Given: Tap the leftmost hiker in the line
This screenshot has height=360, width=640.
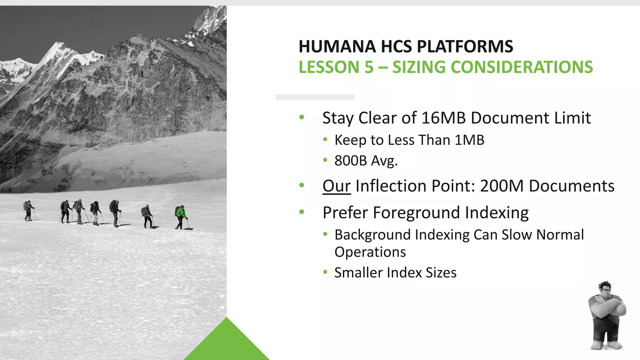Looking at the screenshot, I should coord(28,210).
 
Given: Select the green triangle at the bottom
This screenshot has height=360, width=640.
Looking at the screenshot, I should coord(227,344).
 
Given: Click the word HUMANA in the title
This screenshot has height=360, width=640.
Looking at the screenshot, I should coord(337,47).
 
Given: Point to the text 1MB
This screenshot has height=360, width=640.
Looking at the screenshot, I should coord(469,140).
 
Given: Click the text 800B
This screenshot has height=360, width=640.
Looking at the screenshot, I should coord(350,161).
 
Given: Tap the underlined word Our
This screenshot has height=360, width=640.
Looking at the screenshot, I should coord(337,186).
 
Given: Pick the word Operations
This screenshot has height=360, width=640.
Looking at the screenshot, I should coord(370,252).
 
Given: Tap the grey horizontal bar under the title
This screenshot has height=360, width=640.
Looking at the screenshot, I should coord(315,97).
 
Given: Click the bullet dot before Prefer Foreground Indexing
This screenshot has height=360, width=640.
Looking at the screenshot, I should coord(302,212).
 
